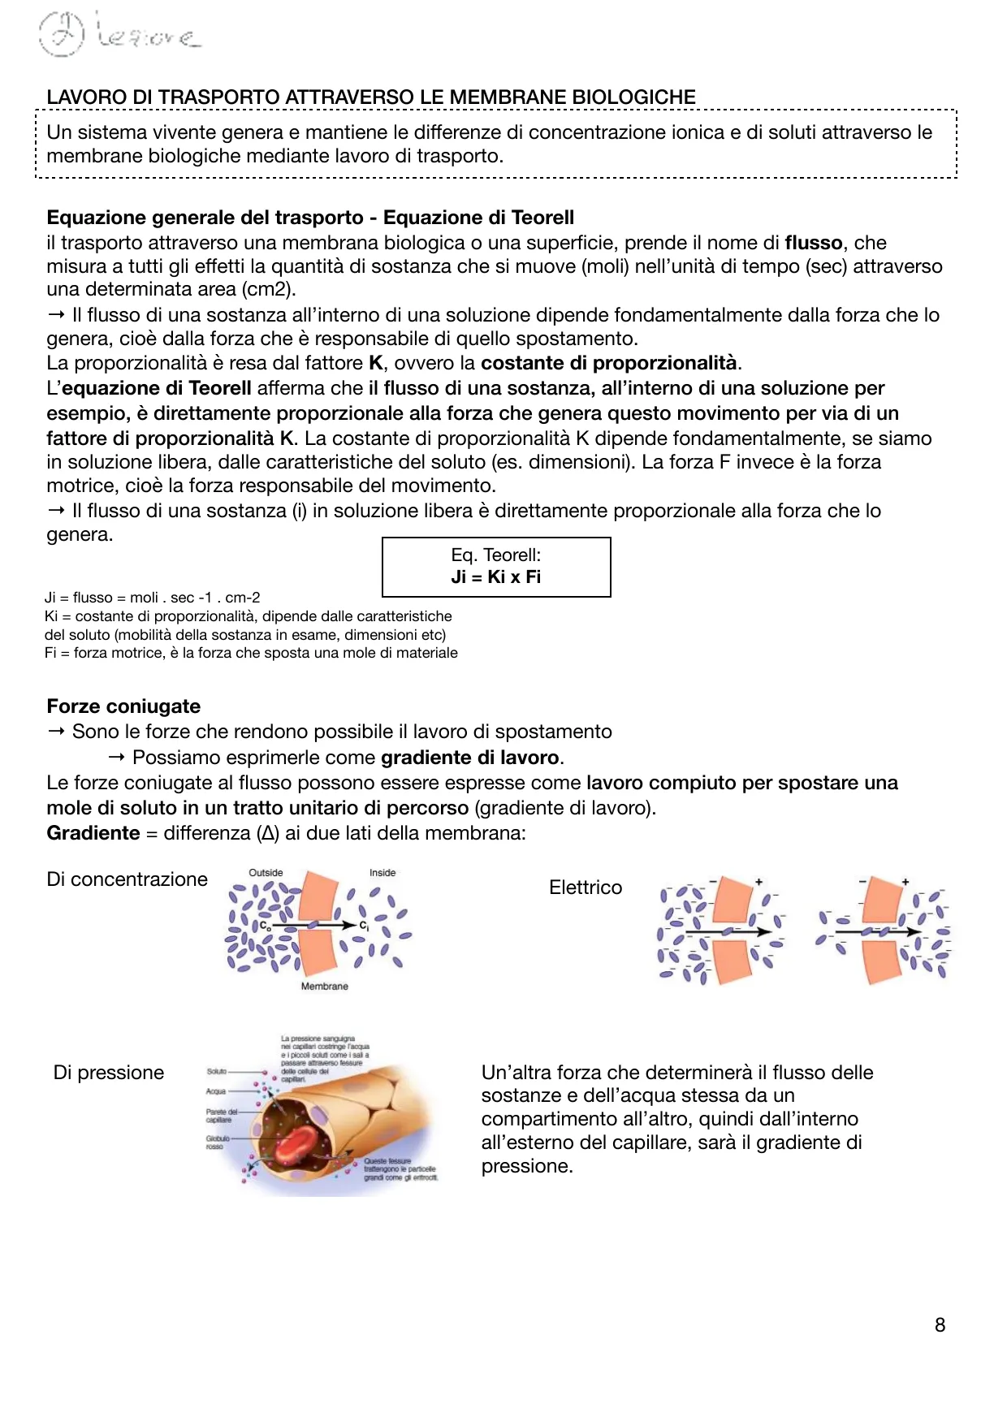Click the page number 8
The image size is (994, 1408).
pos(940,1325)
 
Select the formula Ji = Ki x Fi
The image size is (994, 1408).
pos(495,577)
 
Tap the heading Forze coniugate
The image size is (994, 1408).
pos(123,706)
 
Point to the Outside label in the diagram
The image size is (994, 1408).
pos(266,873)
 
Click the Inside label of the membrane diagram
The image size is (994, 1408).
pos(382,873)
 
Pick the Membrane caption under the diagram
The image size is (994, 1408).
pos(324,987)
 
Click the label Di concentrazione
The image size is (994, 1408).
pos(127,879)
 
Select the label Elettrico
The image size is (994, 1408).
pos(586,888)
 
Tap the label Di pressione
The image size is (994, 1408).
pos(109,1073)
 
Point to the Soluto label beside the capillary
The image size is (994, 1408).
pos(217,1072)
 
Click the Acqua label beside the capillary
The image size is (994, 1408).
pos(216,1091)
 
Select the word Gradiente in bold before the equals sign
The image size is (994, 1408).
pos(93,833)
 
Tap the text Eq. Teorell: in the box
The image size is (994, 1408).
pos(495,555)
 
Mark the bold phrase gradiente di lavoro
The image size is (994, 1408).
pos(469,758)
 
